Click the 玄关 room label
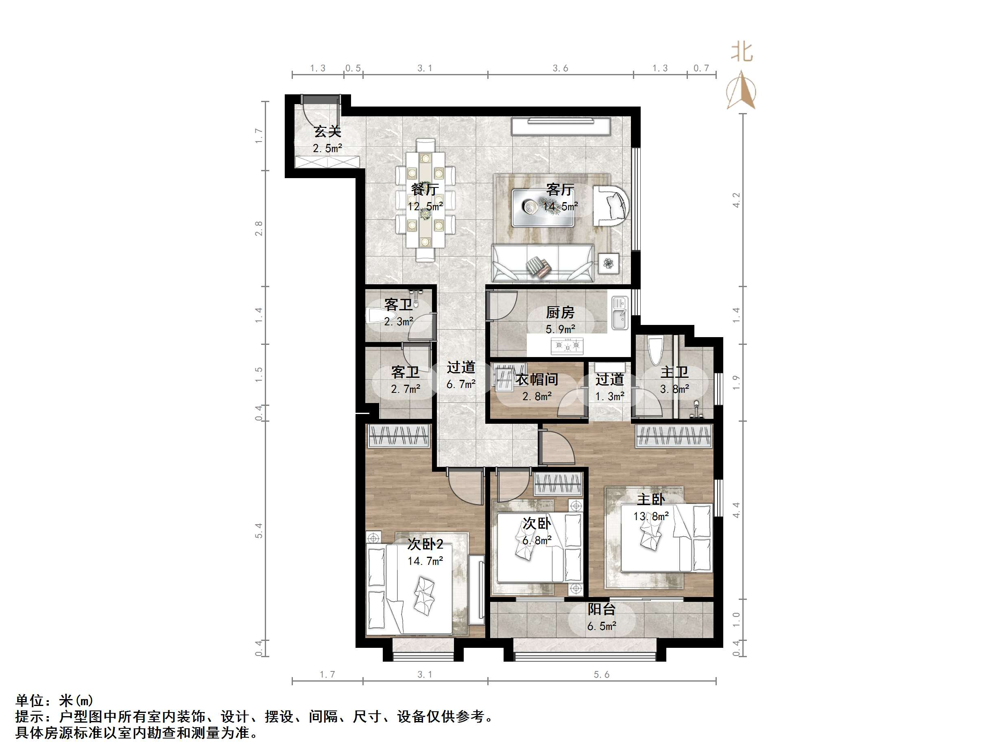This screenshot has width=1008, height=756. tap(327, 132)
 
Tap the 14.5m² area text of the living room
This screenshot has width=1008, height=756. tap(560, 207)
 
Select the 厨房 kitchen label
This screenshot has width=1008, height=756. tap(560, 313)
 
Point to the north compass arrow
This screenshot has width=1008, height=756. tap(741, 90)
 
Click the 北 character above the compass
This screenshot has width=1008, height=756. tap(742, 52)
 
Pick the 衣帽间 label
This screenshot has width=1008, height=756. tap(537, 379)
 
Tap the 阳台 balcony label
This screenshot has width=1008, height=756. tap(602, 609)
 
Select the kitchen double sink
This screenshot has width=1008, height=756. tap(619, 313)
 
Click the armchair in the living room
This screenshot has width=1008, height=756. tap(611, 205)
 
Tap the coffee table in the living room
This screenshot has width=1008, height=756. tap(542, 208)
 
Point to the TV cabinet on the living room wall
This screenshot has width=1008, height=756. tap(561, 126)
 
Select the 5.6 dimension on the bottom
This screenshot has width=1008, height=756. tap(602, 674)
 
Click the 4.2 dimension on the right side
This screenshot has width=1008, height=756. tap(736, 200)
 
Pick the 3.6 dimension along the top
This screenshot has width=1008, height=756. tap(561, 68)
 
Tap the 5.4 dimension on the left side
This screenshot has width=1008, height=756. tap(259, 531)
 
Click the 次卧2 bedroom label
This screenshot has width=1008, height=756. tap(425, 544)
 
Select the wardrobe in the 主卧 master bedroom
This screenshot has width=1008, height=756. tap(674, 436)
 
